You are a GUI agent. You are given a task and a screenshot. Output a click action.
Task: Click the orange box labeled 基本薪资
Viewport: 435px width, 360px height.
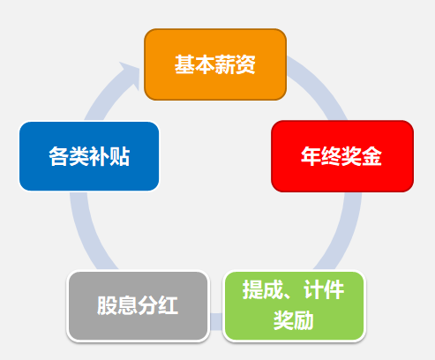pos(215,64)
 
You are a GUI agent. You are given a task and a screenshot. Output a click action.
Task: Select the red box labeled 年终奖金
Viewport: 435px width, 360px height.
pos(342,156)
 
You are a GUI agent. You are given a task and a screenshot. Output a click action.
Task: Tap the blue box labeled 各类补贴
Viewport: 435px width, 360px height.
pos(89,156)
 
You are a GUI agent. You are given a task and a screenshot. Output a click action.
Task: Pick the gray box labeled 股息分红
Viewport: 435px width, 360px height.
pos(139,306)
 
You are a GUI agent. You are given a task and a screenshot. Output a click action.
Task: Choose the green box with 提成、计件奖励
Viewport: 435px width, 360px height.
pos(295,306)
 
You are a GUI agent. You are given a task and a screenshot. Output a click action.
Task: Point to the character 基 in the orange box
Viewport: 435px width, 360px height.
pos(184,64)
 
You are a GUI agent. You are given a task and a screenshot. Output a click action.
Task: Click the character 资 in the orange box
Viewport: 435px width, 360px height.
pos(245,64)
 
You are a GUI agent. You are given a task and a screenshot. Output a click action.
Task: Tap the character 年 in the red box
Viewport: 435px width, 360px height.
pos(311,156)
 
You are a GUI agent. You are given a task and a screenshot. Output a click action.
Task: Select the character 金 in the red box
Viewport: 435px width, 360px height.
pos(371,156)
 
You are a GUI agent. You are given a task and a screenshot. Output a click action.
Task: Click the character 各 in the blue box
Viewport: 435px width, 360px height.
pos(59,156)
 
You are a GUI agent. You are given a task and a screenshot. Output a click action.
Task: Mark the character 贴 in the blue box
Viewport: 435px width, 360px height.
pos(120,156)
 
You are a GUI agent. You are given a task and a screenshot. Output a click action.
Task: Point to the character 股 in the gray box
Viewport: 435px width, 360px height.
pos(108,305)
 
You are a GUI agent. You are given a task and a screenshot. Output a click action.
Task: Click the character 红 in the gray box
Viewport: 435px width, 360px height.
pos(169,305)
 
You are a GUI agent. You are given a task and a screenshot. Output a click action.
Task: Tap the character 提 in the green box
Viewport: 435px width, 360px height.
pos(252,290)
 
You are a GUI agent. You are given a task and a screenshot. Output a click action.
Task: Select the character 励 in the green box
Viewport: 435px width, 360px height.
pos(304,320)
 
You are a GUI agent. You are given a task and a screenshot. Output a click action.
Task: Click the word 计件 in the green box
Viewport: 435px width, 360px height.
pos(324,290)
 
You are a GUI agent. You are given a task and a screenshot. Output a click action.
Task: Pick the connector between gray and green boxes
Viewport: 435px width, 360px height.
pos(216,321)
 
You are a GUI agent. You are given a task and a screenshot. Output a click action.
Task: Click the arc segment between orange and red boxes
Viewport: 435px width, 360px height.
pos(320,86)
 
